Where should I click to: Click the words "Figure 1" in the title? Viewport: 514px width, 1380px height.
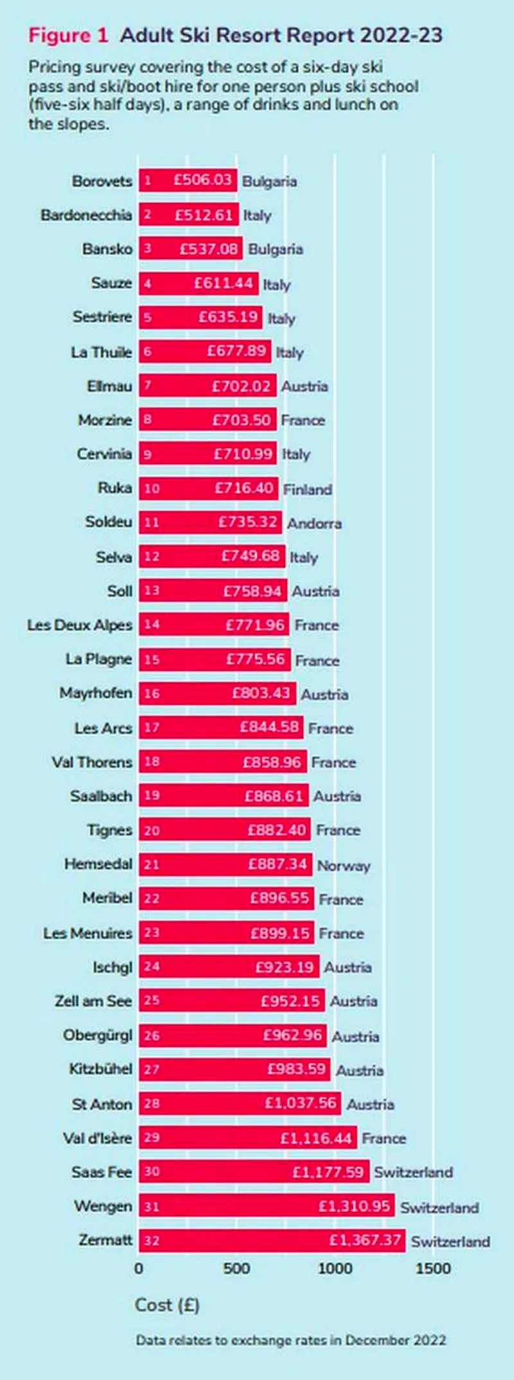pos(68,35)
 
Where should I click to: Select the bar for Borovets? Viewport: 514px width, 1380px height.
pos(188,180)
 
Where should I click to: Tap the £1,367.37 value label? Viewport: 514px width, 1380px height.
pos(365,1239)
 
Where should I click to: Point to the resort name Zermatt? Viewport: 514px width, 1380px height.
pos(105,1239)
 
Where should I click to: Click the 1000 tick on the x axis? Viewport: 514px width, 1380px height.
pos(335,1268)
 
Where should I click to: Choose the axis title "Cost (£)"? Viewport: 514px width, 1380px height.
pos(167,1305)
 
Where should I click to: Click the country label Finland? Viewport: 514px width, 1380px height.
pos(308,489)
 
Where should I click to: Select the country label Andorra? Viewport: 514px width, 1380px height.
pos(314,523)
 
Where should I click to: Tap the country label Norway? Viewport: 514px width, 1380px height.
pos(344,865)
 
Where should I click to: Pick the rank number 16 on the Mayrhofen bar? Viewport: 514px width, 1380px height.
pos(152,694)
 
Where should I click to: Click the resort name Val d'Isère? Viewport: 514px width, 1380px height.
pos(97,1138)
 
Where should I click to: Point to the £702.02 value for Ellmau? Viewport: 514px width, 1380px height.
pos(244,386)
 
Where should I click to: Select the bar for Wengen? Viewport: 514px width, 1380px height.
pos(266,1206)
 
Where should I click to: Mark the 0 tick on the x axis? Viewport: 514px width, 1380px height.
pos(139,1268)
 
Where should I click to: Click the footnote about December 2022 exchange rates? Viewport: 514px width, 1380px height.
pos(290,1340)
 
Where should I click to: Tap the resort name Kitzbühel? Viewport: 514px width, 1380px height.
pos(100,1069)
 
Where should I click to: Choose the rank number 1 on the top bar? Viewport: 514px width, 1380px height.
pos(147,180)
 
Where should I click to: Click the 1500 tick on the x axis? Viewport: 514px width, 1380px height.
pos(433,1268)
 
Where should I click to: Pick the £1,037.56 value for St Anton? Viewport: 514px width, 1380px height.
pos(301,1103)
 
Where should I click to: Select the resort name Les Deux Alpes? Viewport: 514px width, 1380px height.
pos(79,625)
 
